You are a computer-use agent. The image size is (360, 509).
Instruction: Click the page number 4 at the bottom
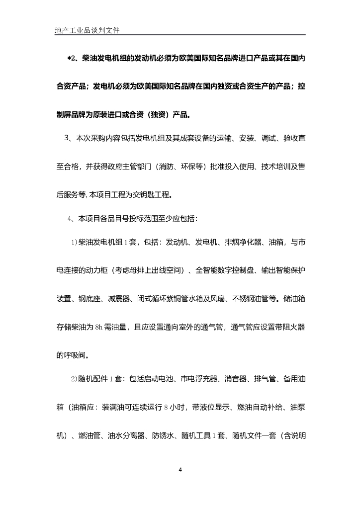tap(180, 469)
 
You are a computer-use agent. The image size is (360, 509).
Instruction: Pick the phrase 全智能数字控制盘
tap(226, 270)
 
